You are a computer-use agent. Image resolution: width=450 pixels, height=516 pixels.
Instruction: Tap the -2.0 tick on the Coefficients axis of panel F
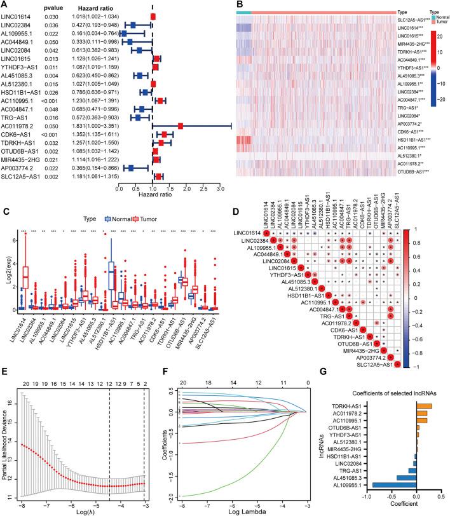coord(166,492)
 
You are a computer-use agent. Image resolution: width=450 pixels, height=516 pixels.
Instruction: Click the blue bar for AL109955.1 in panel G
coord(395,484)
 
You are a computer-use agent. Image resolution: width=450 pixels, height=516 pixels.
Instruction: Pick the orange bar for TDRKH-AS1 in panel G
coord(424,406)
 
